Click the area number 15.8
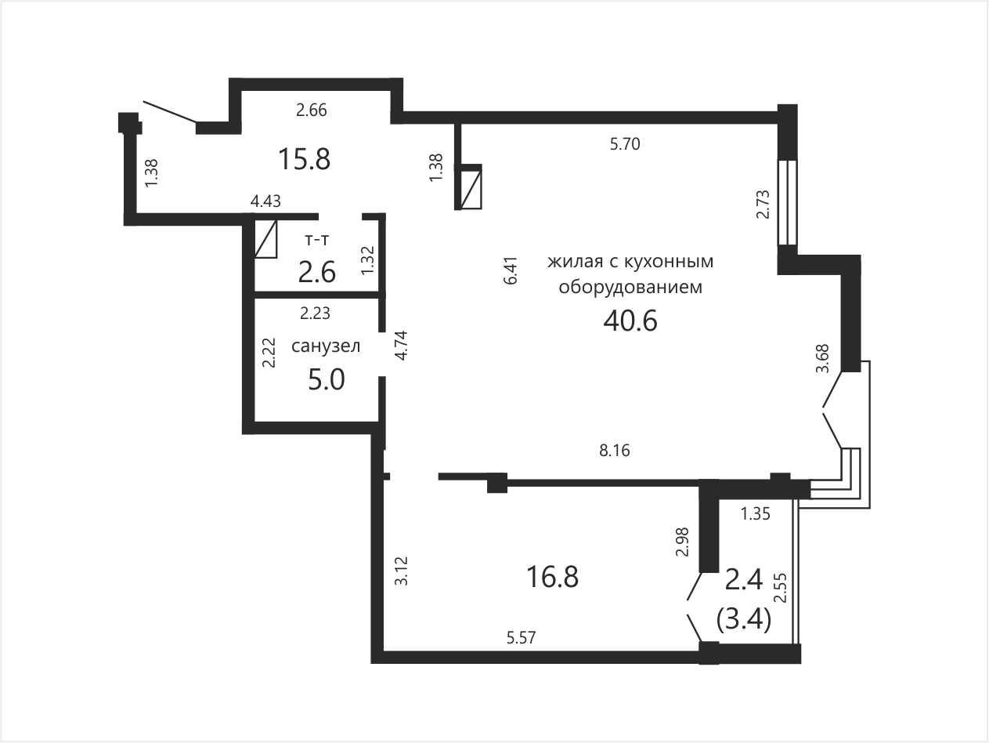[305, 159]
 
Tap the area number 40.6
[630, 321]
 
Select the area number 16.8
[552, 578]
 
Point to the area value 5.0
[327, 379]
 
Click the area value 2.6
[317, 272]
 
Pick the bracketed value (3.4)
[744, 620]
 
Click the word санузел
[326, 346]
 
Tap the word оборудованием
[630, 287]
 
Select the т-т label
[317, 240]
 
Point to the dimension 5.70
[625, 144]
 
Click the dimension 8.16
[615, 451]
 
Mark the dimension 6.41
[511, 270]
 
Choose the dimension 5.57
[522, 638]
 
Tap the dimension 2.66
[312, 110]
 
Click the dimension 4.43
[265, 201]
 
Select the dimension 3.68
[822, 358]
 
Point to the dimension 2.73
[763, 205]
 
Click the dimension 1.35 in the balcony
[756, 513]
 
